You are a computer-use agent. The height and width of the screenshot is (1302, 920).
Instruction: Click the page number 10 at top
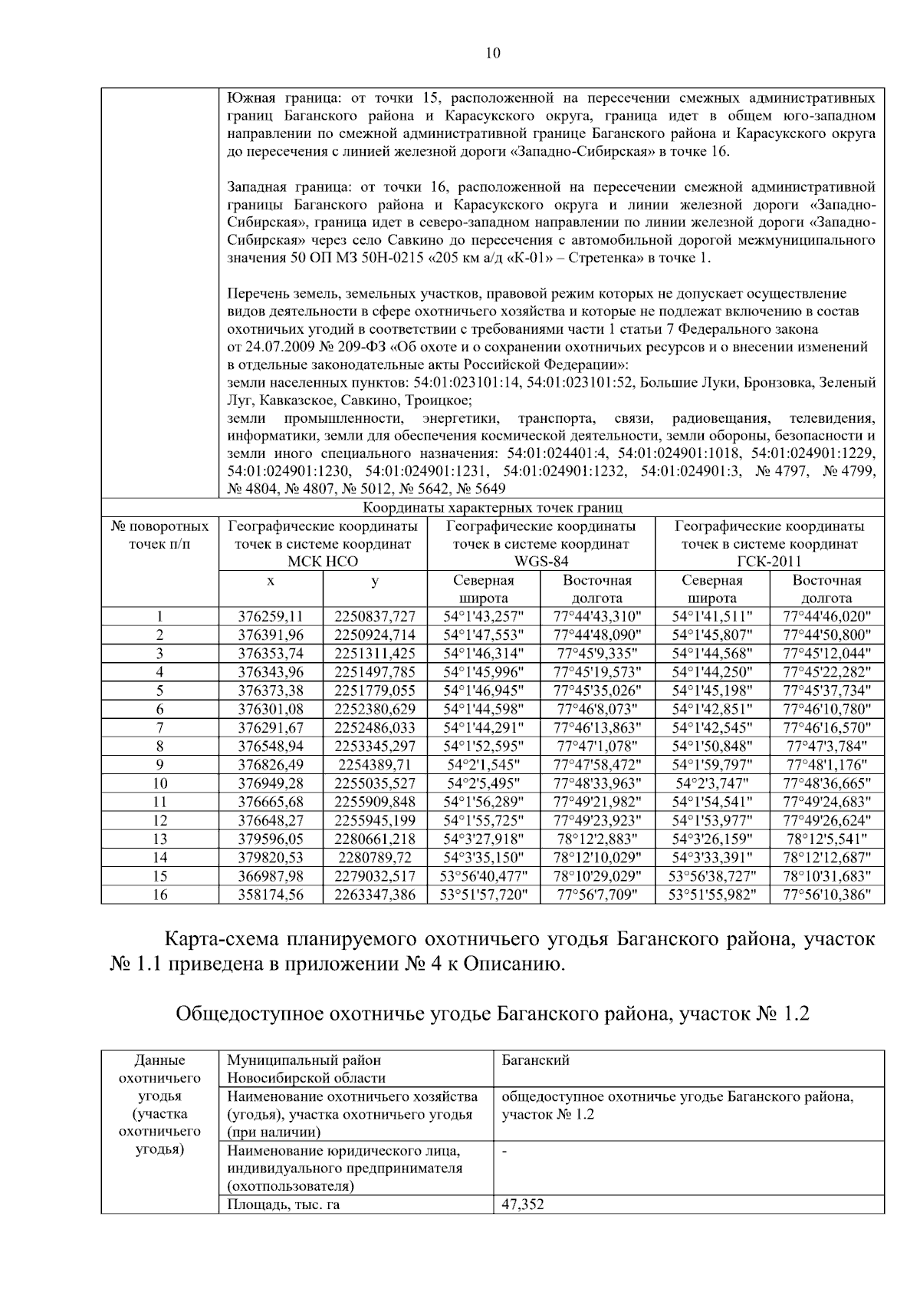492,53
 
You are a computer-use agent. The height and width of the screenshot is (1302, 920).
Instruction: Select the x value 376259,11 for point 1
271,616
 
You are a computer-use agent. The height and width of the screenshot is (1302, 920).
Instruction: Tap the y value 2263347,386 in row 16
374,895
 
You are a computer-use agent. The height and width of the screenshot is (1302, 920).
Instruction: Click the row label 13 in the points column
159,839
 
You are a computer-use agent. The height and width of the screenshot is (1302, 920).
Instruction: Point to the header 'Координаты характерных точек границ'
492,508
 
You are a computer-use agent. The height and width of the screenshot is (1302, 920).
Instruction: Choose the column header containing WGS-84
540,544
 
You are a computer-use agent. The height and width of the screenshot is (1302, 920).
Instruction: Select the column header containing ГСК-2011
769,544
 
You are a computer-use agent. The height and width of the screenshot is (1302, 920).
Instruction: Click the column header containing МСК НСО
322,544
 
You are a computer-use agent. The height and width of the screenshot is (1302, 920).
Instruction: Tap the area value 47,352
523,1205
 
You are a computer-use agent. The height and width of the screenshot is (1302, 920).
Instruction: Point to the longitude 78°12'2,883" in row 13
597,839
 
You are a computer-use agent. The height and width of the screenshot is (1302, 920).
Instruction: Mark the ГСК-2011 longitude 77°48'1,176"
826,764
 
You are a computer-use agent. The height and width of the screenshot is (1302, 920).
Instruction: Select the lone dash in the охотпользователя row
505,1152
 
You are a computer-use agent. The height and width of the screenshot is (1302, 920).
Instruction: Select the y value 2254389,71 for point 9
374,764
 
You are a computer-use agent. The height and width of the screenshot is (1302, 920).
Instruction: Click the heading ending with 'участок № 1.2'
492,1014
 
